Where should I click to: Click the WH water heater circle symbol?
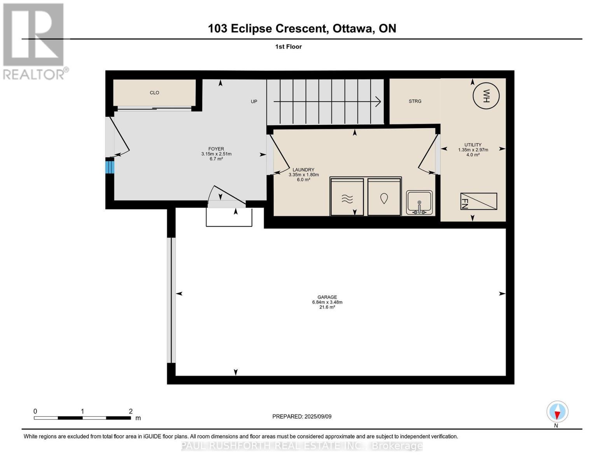(x=486, y=96)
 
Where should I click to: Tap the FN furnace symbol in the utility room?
(x=478, y=201)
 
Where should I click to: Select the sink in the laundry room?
(x=419, y=202)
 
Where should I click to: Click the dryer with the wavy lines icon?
(x=347, y=197)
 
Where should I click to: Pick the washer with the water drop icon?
(x=384, y=197)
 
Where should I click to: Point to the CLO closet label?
(x=154, y=93)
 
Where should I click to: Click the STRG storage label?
(x=415, y=101)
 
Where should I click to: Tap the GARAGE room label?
(x=327, y=297)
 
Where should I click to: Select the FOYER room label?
(x=216, y=149)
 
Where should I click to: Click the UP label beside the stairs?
(x=254, y=102)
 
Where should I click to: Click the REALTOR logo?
(x=34, y=41)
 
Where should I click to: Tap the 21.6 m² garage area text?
(x=327, y=307)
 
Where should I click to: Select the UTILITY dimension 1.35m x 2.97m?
(x=473, y=150)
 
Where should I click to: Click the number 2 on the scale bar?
(x=131, y=411)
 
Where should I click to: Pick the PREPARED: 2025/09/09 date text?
(x=302, y=416)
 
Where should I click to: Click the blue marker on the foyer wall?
(x=110, y=167)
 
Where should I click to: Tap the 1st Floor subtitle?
(x=288, y=47)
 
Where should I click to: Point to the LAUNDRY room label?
(x=303, y=170)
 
